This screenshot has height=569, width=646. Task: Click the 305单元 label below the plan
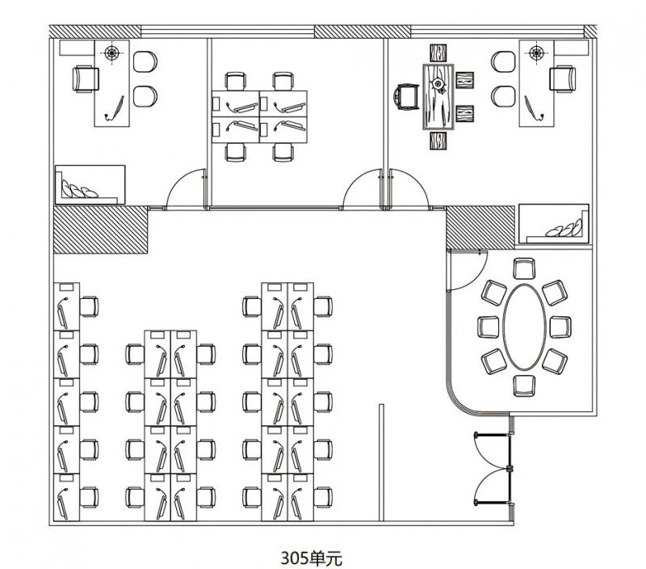312,558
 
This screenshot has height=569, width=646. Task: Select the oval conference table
524,327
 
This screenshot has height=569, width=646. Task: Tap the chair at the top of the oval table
524,268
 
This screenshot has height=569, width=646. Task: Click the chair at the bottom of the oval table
524,386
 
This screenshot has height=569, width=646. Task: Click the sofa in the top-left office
90,184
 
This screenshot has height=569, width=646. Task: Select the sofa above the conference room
553,223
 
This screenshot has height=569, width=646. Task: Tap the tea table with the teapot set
438,97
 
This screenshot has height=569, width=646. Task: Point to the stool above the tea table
438,53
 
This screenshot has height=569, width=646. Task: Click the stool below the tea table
438,141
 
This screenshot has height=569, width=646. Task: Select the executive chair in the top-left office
86,78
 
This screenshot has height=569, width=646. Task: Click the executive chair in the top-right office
563,78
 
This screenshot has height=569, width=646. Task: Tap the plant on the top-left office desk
111,53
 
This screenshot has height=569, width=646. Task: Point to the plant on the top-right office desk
536,53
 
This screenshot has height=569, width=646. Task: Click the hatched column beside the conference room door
480,228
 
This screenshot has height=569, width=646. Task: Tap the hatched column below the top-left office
100,230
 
